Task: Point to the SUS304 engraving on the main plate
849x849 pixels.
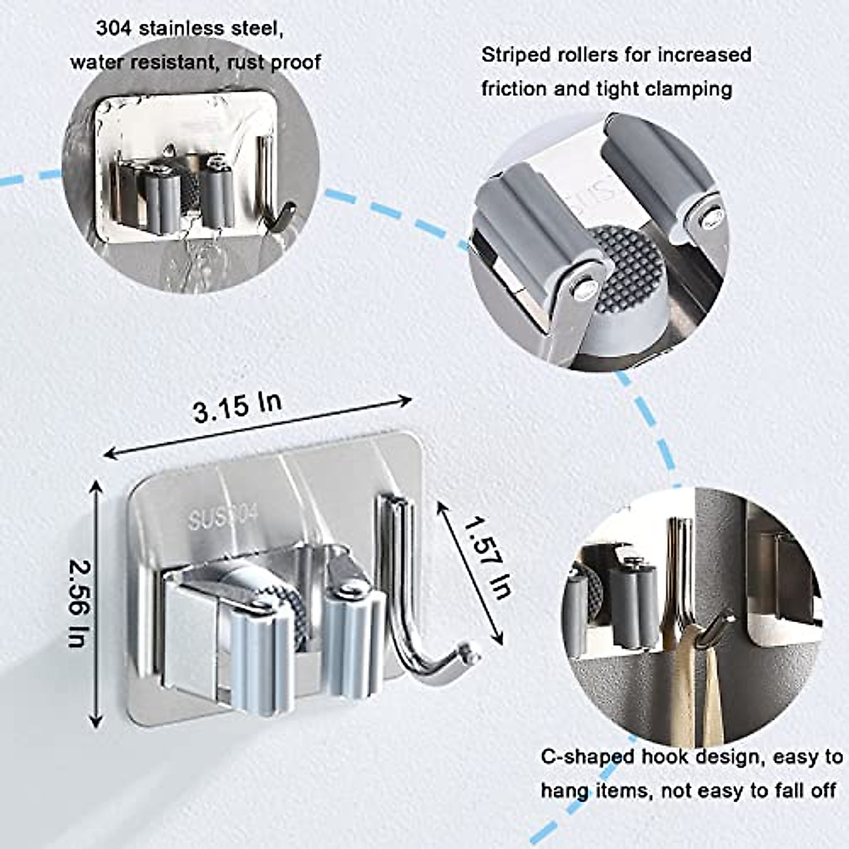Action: point(223,519)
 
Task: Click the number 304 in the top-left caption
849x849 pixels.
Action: point(114,29)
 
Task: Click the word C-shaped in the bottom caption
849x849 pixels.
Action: point(587,757)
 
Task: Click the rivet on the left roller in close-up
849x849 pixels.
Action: point(581,287)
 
